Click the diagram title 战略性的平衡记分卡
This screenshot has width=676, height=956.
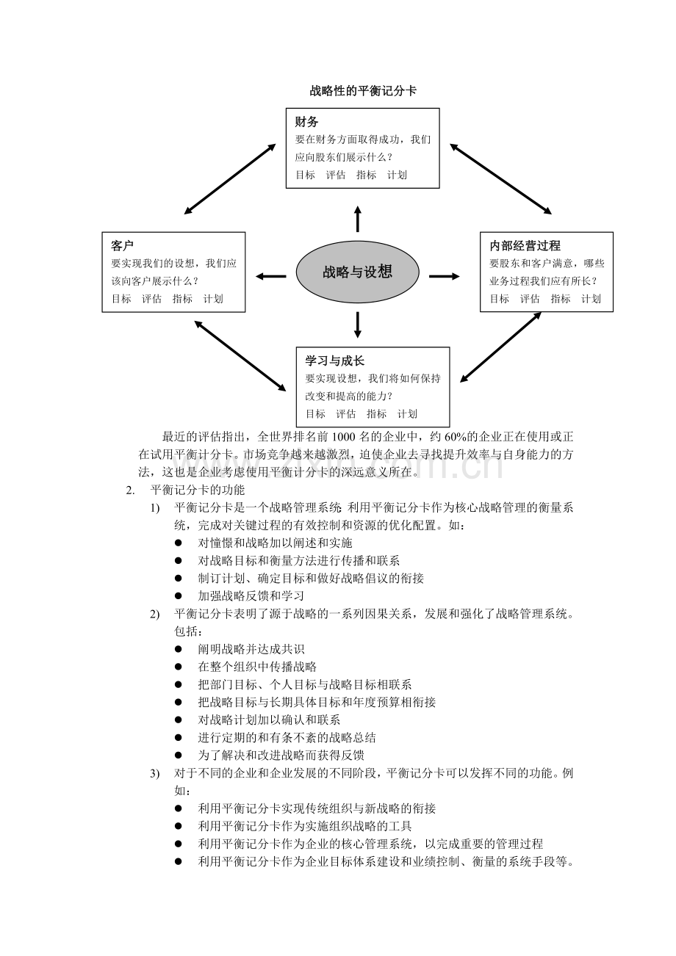(x=363, y=91)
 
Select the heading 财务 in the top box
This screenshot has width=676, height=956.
(x=306, y=122)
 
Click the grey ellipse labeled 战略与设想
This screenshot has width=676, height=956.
(x=357, y=272)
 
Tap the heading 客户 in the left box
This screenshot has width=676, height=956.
(x=122, y=245)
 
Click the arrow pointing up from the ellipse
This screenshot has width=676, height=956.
(x=358, y=220)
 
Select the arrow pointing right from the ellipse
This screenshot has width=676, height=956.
(x=444, y=276)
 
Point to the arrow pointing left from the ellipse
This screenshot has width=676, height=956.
(x=270, y=276)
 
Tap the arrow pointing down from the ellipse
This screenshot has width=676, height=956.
(x=358, y=325)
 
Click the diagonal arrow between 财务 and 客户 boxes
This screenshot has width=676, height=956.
(x=230, y=178)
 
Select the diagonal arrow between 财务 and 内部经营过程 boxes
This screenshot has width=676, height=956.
(x=500, y=178)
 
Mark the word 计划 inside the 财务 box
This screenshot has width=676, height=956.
(x=397, y=175)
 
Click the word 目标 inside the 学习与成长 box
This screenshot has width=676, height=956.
(x=315, y=413)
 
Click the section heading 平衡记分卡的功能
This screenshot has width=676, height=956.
(x=198, y=490)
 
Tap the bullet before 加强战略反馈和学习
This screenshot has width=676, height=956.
(x=179, y=596)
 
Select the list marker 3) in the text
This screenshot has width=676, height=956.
(x=154, y=773)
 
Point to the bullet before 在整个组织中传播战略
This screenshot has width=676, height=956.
(x=179, y=667)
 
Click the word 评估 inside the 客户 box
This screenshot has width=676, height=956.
(x=151, y=299)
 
